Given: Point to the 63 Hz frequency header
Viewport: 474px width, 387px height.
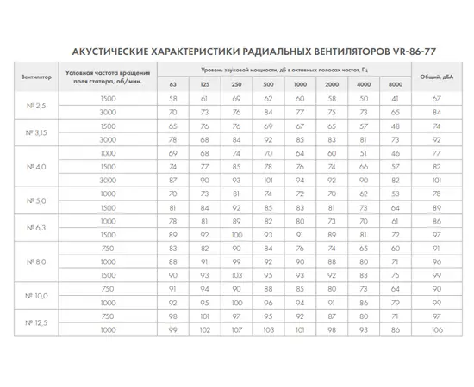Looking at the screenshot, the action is pyautogui.click(x=173, y=84).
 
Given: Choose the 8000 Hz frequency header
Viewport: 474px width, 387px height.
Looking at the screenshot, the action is pyautogui.click(x=395, y=84).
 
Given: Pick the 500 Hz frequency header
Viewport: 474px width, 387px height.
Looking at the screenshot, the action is pyautogui.click(x=268, y=84).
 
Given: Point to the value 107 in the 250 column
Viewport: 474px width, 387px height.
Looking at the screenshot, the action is pyautogui.click(x=236, y=329).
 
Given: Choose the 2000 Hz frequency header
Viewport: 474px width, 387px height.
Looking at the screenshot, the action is pyautogui.click(x=331, y=84).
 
